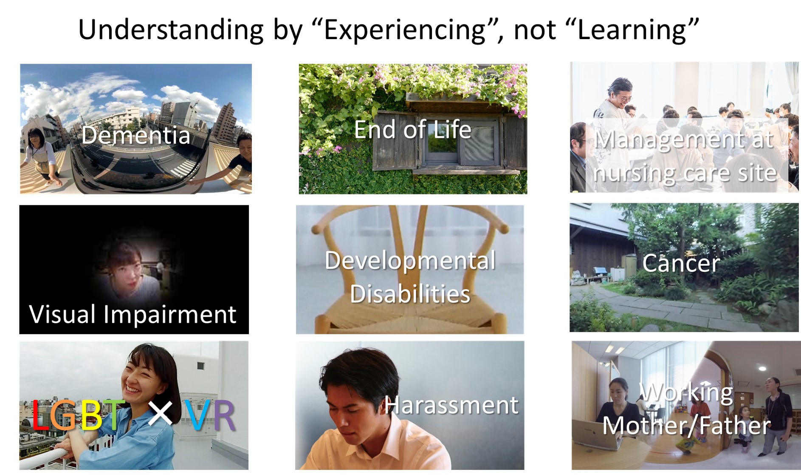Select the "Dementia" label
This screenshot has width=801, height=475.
click(x=135, y=135)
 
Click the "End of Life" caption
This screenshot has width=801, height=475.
click(x=412, y=129)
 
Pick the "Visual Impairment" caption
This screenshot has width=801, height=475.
click(x=133, y=315)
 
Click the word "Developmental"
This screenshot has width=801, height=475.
click(x=410, y=261)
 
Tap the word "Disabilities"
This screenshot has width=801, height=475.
click(x=410, y=294)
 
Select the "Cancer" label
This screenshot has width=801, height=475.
click(x=681, y=263)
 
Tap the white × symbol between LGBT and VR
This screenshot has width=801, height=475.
click(x=160, y=413)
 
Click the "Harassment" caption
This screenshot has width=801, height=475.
click(x=451, y=405)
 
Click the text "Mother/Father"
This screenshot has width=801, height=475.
click(x=686, y=425)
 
